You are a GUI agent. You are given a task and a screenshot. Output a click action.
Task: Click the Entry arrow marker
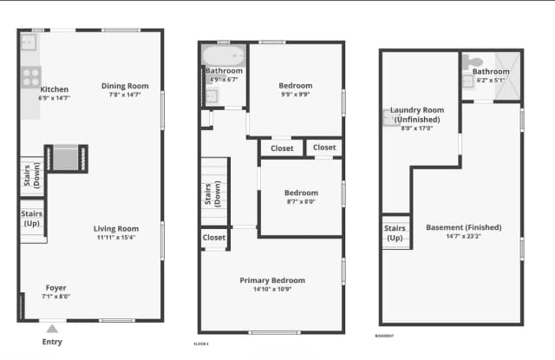point(52,329)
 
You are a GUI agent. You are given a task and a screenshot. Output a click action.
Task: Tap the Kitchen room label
point(54,89)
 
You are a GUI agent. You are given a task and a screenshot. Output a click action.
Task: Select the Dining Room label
point(125,86)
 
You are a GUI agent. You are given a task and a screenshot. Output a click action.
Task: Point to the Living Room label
point(116,229)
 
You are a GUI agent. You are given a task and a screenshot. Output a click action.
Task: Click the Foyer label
point(56,288)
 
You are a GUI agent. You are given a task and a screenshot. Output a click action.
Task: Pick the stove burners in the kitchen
point(31,76)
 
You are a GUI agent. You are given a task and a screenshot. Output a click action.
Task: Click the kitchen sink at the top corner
point(29,40)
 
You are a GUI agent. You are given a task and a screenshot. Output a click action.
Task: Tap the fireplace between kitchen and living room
point(67,158)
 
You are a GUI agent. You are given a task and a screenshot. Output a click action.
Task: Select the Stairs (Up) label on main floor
point(32,219)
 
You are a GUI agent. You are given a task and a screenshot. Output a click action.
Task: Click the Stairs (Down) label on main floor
point(32,175)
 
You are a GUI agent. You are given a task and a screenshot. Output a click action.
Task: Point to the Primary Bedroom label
point(272,280)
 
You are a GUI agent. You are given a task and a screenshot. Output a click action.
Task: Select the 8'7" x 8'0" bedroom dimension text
point(301,201)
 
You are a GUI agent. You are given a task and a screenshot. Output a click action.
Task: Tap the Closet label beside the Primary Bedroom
point(214,237)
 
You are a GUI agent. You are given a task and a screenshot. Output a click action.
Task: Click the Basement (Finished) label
point(463,228)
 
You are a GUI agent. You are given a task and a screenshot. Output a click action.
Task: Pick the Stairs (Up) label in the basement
point(395,232)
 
